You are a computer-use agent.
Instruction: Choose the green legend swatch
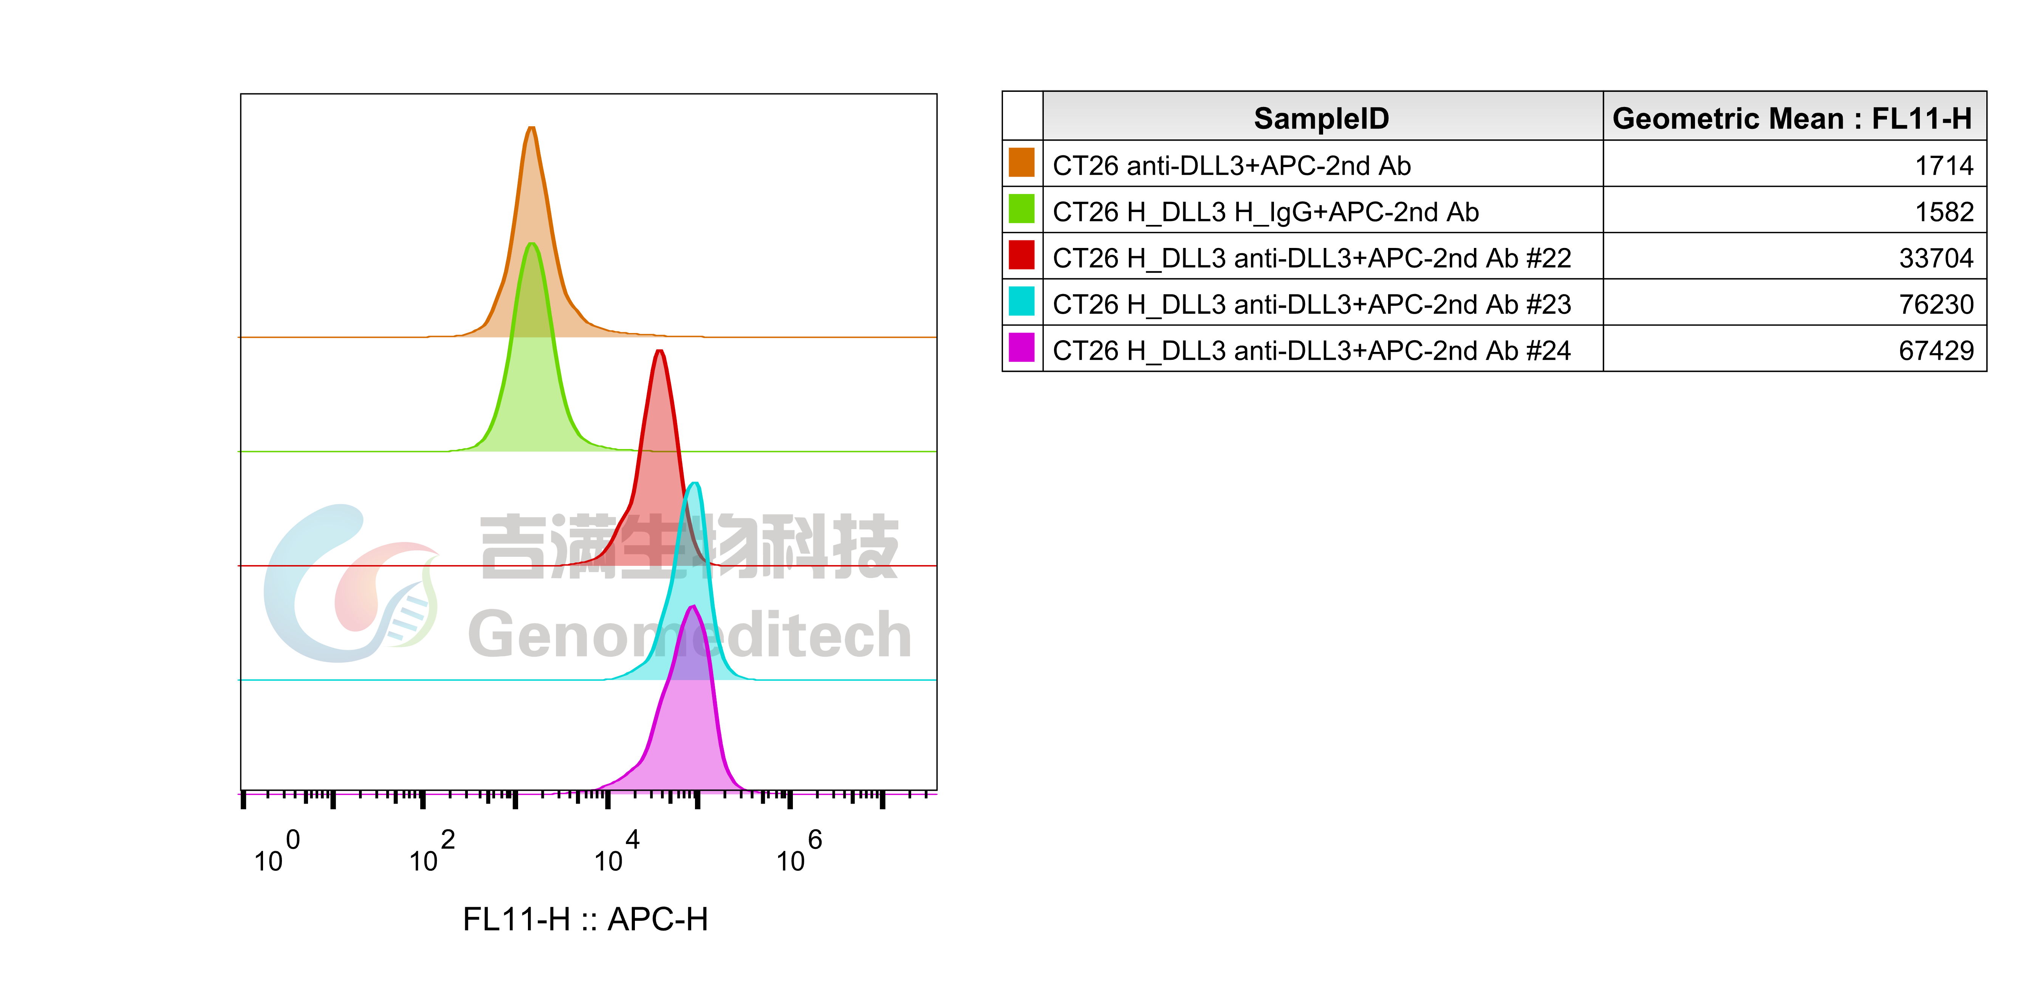[1021, 208]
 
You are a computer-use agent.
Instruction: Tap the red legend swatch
[1021, 254]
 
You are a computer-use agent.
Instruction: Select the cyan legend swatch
[1021, 301]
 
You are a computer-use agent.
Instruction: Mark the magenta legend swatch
[1021, 347]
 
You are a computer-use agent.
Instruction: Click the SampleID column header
[1321, 118]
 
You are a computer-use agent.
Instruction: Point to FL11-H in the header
[1921, 118]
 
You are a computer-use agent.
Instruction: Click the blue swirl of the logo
[293, 586]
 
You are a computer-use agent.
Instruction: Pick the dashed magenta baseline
[396, 793]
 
